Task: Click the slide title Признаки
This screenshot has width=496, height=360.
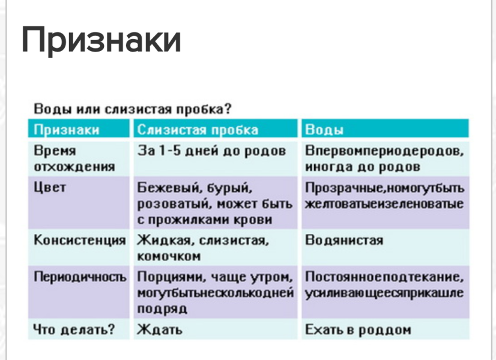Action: (x=101, y=40)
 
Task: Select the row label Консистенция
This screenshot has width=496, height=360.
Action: (x=79, y=241)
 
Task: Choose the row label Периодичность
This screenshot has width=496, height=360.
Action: (x=79, y=277)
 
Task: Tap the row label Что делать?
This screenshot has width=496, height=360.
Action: (x=74, y=329)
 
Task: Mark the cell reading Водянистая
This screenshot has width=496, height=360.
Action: (x=343, y=241)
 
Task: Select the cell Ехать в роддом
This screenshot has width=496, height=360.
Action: (x=358, y=329)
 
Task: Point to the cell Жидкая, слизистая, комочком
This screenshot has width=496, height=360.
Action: (x=202, y=248)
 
